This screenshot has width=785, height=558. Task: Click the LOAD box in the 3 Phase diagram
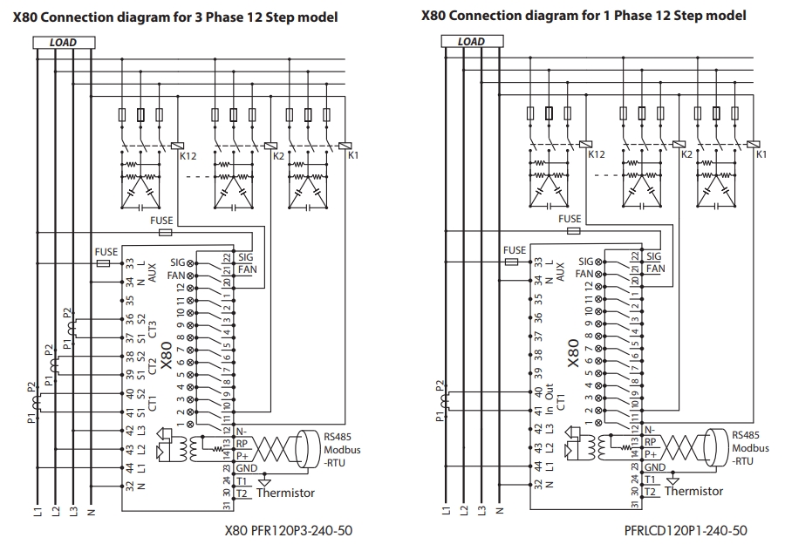pyautogui.click(x=63, y=42)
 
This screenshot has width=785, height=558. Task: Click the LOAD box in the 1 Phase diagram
pyautogui.click(x=471, y=42)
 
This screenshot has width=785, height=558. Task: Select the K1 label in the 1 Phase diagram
pyautogui.click(x=761, y=154)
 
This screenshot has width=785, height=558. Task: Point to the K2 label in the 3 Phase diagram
pyautogui.click(x=279, y=155)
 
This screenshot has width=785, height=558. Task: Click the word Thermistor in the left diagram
pyautogui.click(x=285, y=493)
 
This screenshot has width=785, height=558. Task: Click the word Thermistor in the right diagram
pyautogui.click(x=693, y=491)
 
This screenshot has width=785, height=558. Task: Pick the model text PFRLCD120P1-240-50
pyautogui.click(x=686, y=530)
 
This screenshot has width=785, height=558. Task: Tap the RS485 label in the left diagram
pyautogui.click(x=337, y=435)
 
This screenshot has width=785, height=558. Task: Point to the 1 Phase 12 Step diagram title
pyautogui.click(x=584, y=16)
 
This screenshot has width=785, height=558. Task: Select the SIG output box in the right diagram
pyautogui.click(x=653, y=257)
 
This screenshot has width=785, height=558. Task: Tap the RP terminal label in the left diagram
pyautogui.click(x=242, y=442)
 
